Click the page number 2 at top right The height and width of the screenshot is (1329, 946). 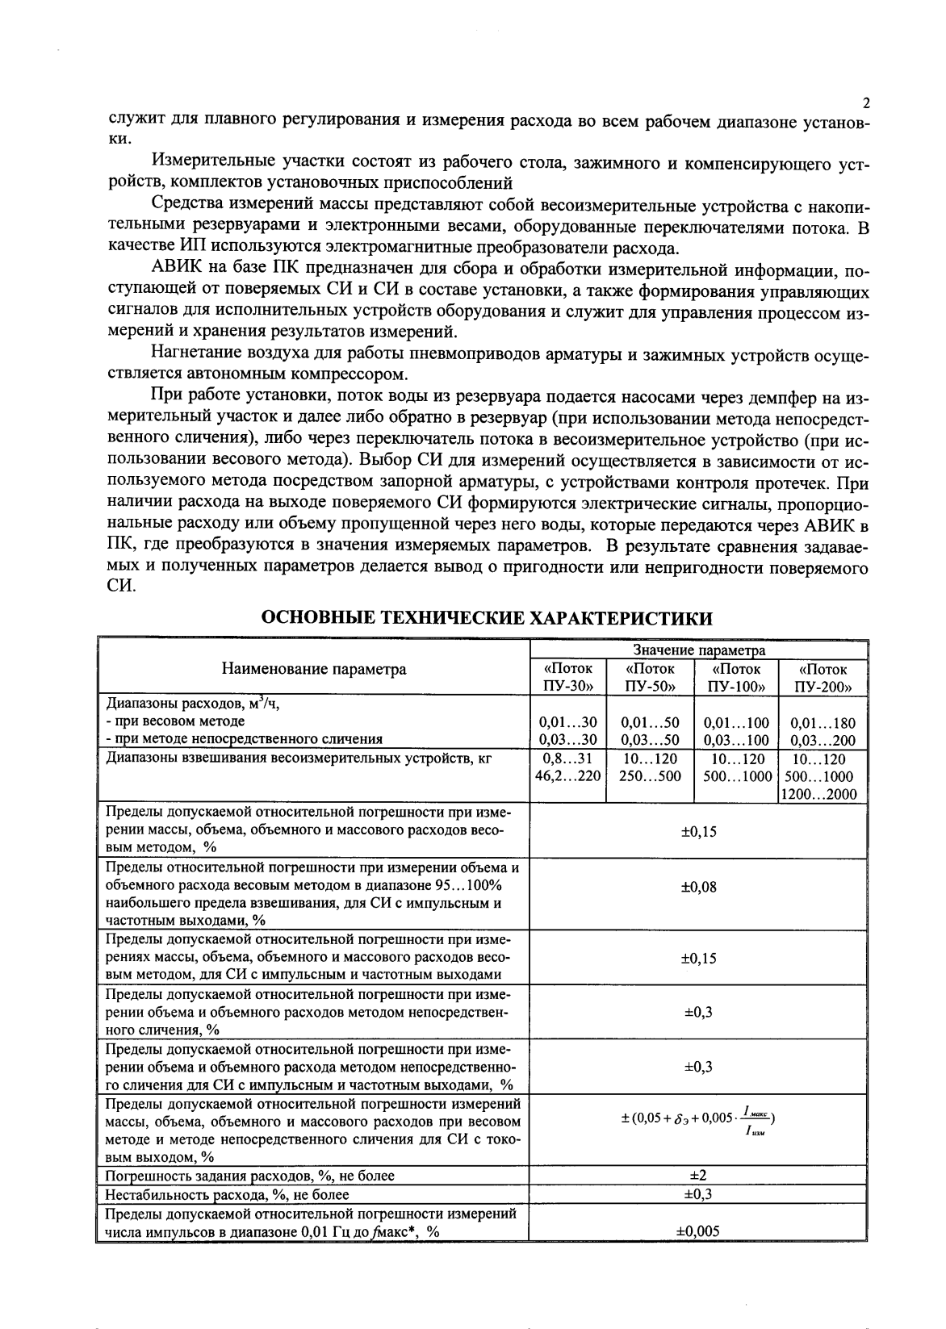coord(866,103)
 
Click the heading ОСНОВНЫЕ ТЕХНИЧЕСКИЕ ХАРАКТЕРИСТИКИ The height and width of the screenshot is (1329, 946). coord(488,619)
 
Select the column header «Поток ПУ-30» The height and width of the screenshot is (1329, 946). coord(568,678)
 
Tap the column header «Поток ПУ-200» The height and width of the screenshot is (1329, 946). coord(823,678)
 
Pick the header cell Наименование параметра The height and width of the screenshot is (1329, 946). coord(314,669)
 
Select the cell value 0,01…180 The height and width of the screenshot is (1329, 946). coord(823,723)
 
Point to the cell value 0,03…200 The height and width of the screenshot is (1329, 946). coord(823,739)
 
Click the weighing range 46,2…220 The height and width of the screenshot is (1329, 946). coord(568,776)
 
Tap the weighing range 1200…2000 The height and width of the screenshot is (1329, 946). coord(823,795)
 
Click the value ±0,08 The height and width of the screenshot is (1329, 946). coord(699,887)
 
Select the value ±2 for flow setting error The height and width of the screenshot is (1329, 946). coord(699,1176)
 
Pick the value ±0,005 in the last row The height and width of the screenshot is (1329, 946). coord(699,1231)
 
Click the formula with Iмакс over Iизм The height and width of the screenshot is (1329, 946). coord(699,1121)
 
